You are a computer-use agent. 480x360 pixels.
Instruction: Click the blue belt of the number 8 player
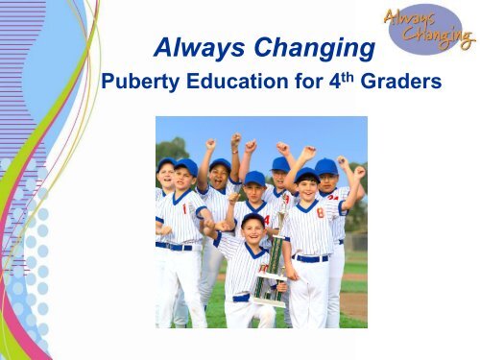pos(310,257)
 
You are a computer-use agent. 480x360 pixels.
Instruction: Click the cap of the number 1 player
pos(185,167)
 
